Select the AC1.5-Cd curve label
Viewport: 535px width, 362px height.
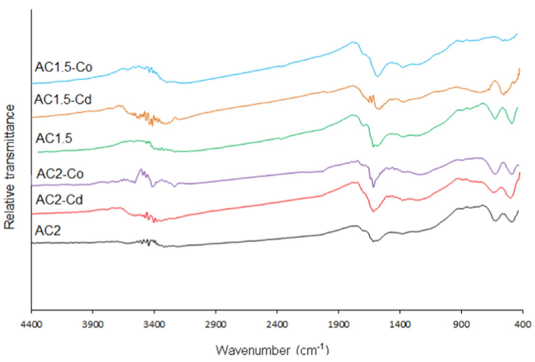coord(63,100)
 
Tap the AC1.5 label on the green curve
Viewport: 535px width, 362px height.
coord(54,139)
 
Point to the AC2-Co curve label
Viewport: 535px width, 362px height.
coord(60,173)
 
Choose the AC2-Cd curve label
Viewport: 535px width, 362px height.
coord(59,200)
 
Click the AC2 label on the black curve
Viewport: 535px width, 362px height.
coord(48,231)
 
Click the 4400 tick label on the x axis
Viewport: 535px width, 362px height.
coord(31,324)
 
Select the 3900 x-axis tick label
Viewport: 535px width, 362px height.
coord(93,324)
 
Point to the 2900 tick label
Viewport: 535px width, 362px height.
coord(216,324)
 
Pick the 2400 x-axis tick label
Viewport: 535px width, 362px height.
coord(277,324)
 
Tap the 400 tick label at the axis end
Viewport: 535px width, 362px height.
coord(523,324)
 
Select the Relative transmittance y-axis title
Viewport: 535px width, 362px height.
coord(10,167)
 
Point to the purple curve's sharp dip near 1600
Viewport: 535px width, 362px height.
coord(373,186)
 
